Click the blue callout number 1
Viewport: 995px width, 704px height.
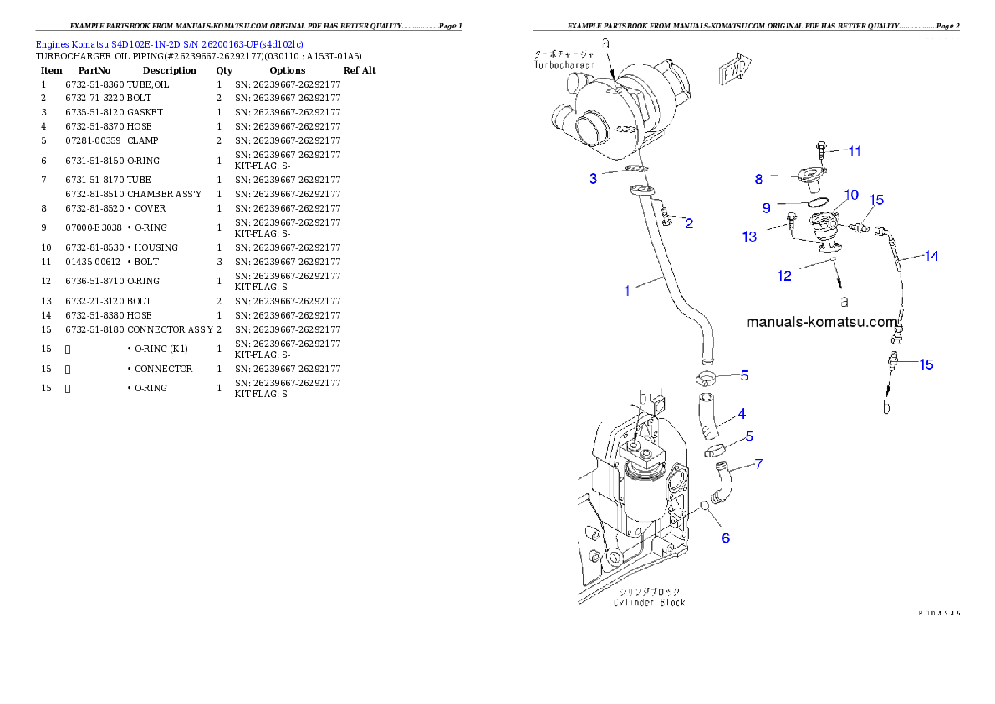pyautogui.click(x=627, y=291)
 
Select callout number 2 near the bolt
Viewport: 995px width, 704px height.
pyautogui.click(x=689, y=223)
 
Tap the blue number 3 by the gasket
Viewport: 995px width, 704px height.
pyautogui.click(x=593, y=178)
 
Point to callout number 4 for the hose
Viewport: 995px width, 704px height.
pyautogui.click(x=742, y=413)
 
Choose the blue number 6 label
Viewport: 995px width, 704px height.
pyautogui.click(x=726, y=538)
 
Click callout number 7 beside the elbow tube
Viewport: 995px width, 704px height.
pyautogui.click(x=758, y=463)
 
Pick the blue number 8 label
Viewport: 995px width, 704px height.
pyautogui.click(x=758, y=178)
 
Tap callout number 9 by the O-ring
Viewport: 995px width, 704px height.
pyautogui.click(x=766, y=207)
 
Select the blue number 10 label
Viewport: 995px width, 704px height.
pyautogui.click(x=850, y=195)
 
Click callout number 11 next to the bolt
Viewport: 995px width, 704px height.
pyautogui.click(x=854, y=151)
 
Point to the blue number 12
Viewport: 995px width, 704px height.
pyautogui.click(x=784, y=276)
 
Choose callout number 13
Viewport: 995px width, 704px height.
pyautogui.click(x=749, y=237)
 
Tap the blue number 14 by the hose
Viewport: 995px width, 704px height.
pyautogui.click(x=931, y=257)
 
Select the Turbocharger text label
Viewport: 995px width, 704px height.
pyautogui.click(x=565, y=59)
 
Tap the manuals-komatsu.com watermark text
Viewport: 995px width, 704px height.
pyautogui.click(x=820, y=321)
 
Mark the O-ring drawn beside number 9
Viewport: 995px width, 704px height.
pyautogui.click(x=818, y=202)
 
